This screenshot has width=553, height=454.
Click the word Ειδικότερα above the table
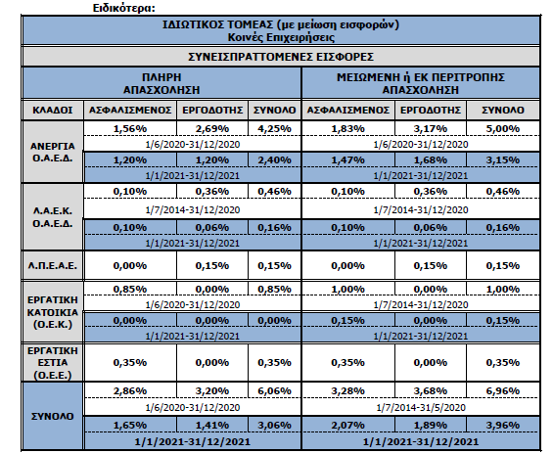123,8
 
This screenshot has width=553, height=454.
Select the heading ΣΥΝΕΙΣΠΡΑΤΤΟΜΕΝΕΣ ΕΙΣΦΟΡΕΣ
281,57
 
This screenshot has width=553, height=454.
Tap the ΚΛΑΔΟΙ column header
53,111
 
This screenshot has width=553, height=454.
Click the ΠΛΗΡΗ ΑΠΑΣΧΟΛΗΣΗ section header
161,83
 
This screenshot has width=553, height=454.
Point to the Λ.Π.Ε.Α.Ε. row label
53,265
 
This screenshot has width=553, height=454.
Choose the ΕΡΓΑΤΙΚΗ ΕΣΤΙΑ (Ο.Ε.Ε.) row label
53,363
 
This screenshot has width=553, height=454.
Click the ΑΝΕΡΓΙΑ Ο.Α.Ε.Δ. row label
53,152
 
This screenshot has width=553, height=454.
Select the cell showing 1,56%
130,128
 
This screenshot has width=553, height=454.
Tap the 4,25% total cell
274,128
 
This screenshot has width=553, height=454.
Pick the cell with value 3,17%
431,128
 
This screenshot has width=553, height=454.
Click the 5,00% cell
503,128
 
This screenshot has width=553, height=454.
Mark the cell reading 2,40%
274,160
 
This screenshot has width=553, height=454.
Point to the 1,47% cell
347,160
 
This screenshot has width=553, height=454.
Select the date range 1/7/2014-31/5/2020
421,408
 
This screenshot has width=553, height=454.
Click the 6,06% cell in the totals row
274,391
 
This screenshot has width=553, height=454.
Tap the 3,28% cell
347,391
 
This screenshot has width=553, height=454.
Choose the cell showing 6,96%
503,391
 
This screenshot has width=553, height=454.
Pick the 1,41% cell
212,426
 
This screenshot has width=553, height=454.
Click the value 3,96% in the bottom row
503,426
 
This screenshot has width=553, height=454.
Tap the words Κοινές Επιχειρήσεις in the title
281,37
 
